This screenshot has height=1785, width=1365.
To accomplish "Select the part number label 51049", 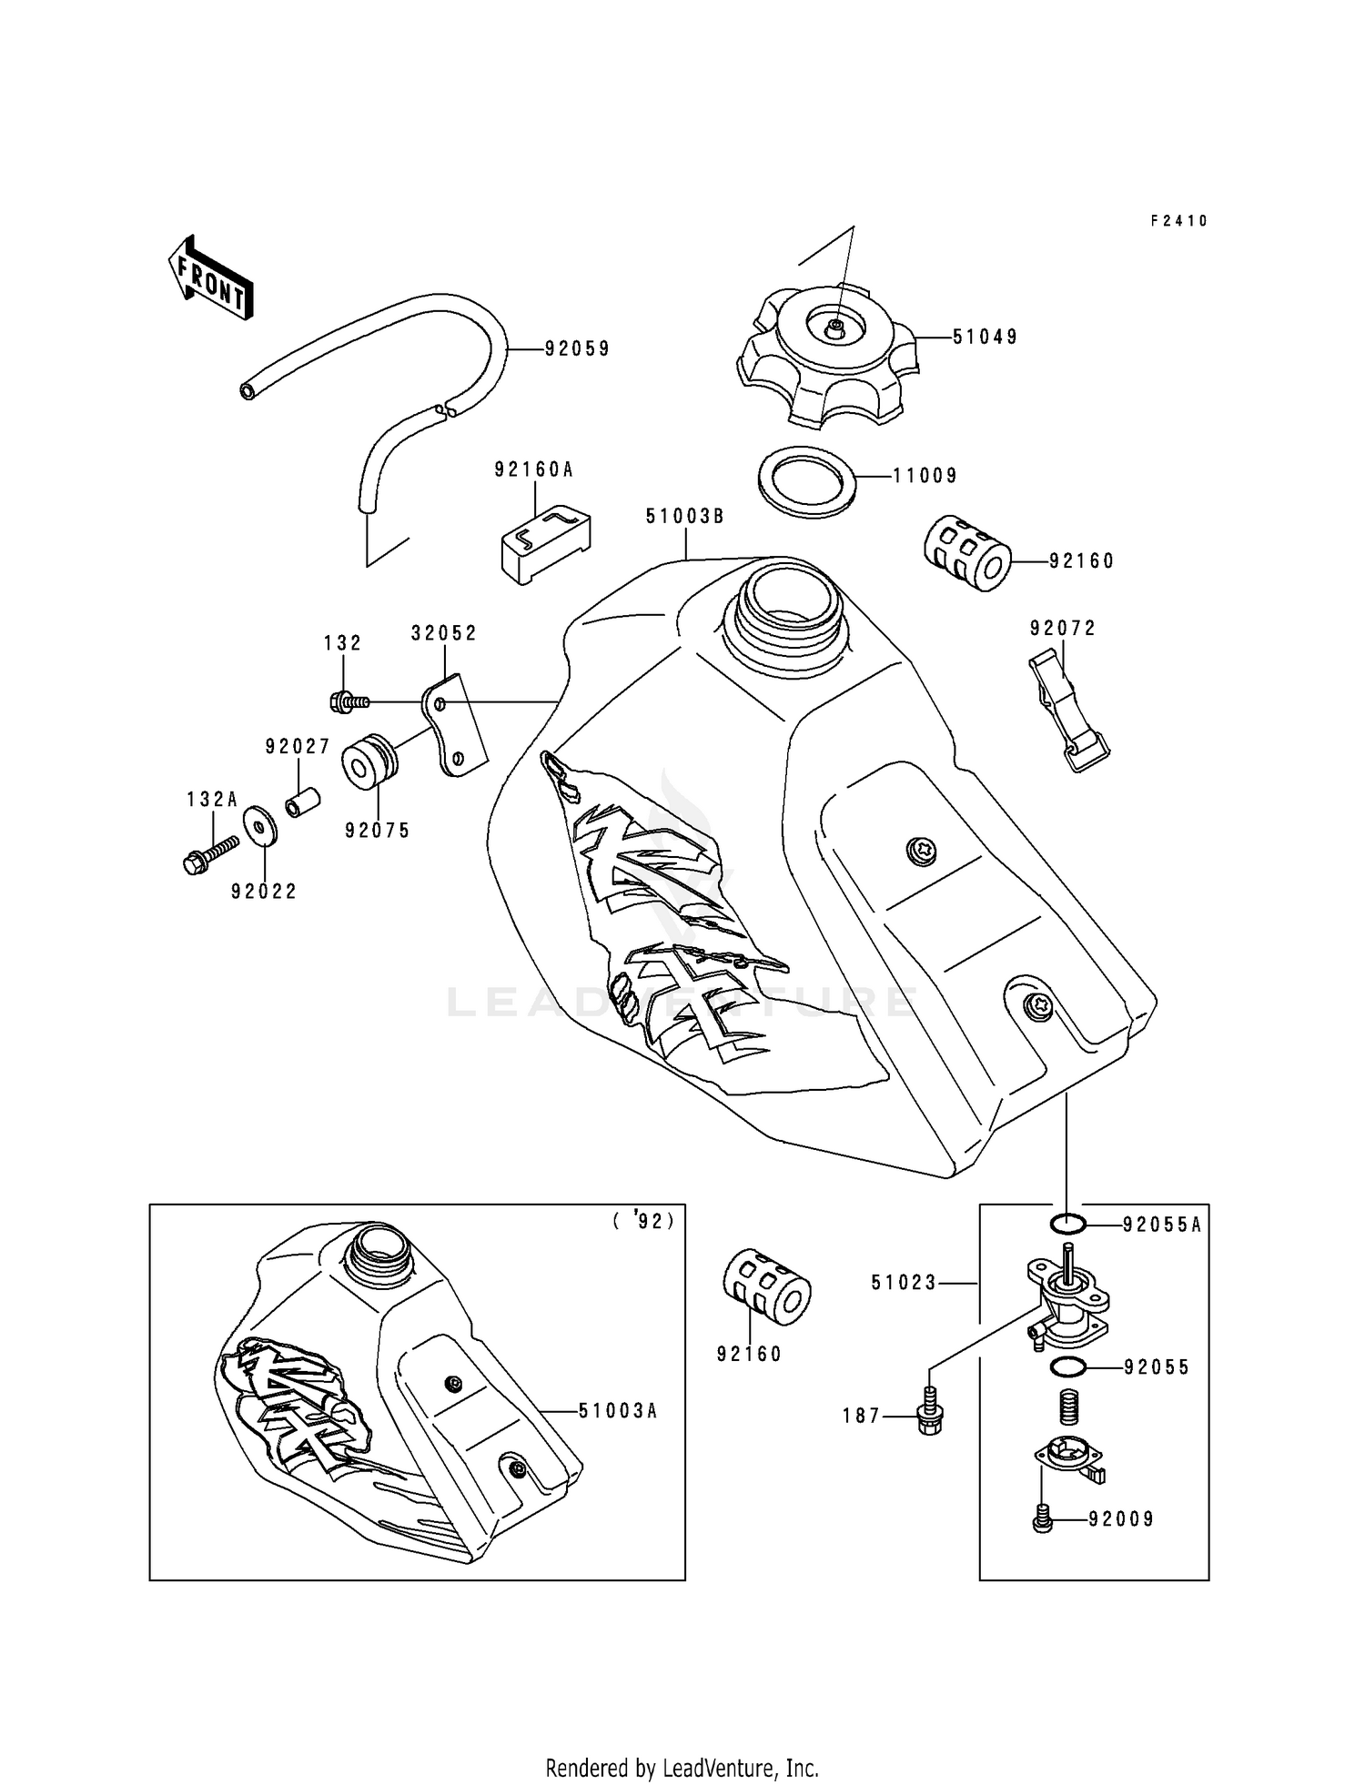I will (x=985, y=338).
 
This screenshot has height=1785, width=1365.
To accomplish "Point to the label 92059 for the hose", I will (x=577, y=349).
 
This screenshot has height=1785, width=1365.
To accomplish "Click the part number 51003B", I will (x=684, y=517).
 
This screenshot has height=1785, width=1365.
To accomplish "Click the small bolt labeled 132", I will (x=348, y=701).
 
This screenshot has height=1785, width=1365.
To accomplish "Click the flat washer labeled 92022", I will (x=260, y=828).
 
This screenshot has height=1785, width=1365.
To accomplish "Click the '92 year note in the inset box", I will (x=643, y=1222).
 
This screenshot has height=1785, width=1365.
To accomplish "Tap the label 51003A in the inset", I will (x=617, y=1411).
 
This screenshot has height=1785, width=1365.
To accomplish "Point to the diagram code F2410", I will (x=1178, y=221).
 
